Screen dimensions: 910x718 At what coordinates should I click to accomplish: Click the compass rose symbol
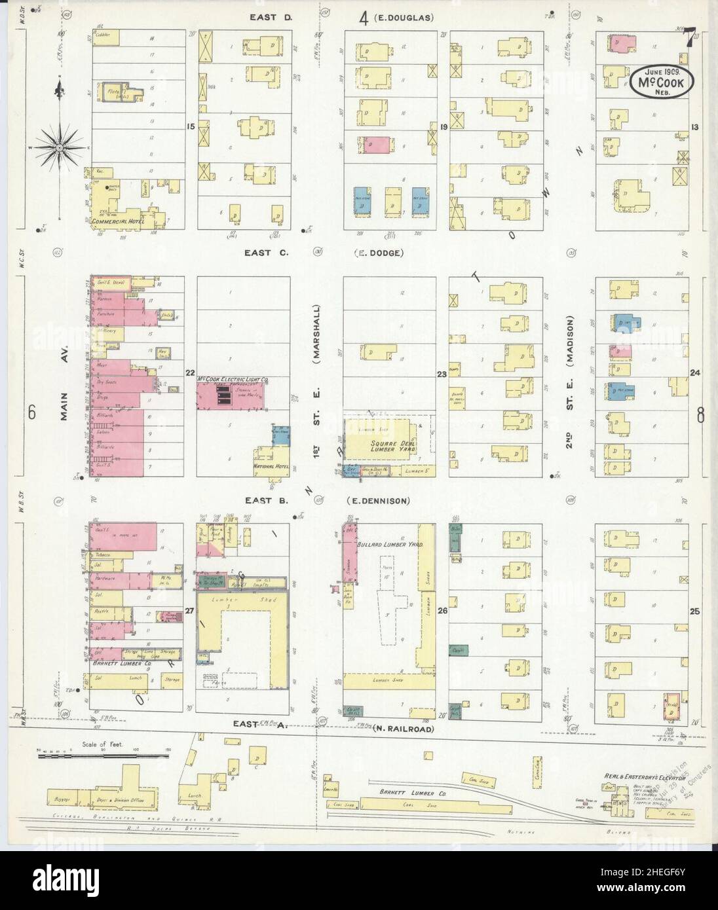tap(60, 148)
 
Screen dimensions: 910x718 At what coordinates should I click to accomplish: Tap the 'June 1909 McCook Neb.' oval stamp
tap(658, 82)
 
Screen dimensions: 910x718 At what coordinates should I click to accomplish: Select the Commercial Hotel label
tap(117, 221)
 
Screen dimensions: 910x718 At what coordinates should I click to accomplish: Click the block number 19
tap(444, 127)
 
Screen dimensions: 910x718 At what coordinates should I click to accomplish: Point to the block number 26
tap(443, 611)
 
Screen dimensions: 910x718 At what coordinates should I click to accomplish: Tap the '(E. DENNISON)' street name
tap(378, 501)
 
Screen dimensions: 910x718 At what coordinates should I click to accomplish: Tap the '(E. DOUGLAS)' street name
tap(404, 18)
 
